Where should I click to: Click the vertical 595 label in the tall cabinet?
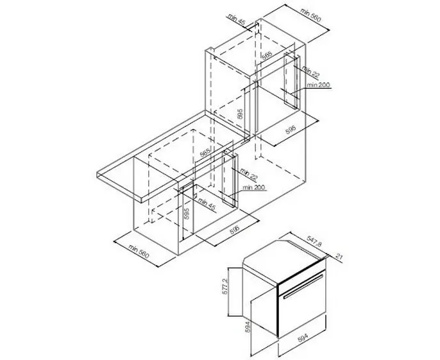[x=240, y=116]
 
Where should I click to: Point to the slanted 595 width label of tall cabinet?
[x=290, y=130]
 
